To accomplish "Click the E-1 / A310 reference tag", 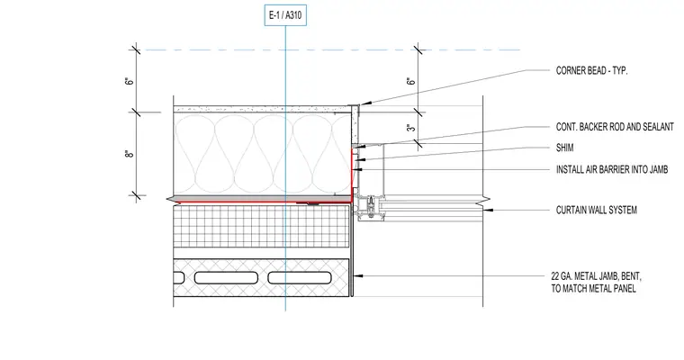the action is pos(285,15).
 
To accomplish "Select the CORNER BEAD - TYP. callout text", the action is pos(591,71).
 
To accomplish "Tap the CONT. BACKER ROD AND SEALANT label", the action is pos(615,127).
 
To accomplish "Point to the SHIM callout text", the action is pos(564,148).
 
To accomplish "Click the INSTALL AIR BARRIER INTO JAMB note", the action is pos(612,169).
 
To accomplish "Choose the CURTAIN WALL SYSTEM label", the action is pos(597,210).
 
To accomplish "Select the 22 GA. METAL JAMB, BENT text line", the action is pos(596,276).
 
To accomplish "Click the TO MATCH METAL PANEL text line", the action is pos(593,288).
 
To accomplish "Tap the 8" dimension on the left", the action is pos(129,154).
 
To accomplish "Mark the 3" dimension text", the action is pos(411,128).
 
